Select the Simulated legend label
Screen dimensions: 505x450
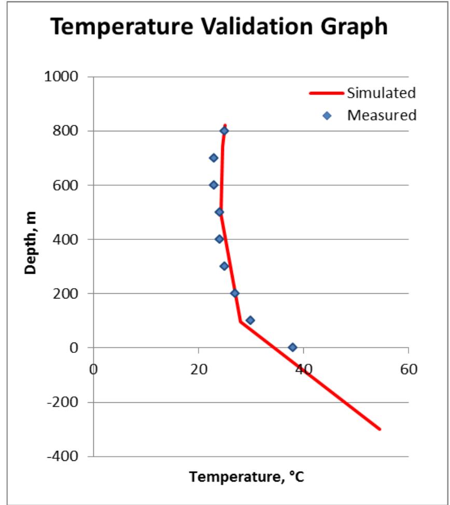coord(382,93)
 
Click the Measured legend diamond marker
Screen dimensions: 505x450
coord(327,115)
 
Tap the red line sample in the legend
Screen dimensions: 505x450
coord(327,93)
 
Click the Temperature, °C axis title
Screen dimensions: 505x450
coord(246,476)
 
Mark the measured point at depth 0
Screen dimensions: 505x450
coord(292,347)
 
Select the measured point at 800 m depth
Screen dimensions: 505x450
coord(224,131)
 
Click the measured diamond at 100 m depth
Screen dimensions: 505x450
coord(250,320)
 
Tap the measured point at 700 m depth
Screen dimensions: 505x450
coord(214,158)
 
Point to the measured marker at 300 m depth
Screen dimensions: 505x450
coord(224,266)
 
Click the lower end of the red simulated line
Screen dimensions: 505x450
coord(379,429)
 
